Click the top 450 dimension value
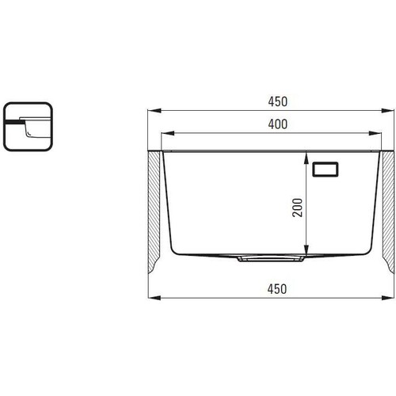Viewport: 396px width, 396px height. click(x=277, y=101)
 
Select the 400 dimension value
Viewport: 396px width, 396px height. click(x=277, y=124)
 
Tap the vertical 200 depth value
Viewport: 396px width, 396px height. click(x=297, y=208)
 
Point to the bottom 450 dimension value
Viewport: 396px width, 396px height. click(x=277, y=289)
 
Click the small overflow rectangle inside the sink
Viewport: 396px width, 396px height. click(x=326, y=169)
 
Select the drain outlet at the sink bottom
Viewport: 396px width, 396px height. click(x=271, y=258)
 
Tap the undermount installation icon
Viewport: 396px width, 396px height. click(x=28, y=127)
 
